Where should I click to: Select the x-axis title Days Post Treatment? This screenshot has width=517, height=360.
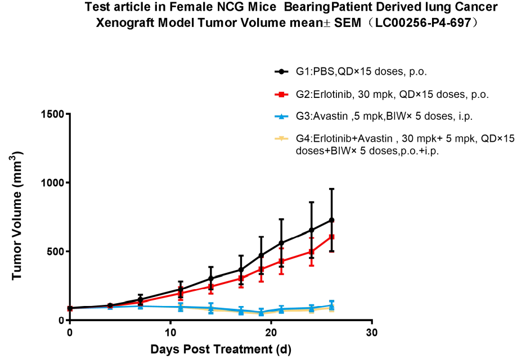tap(221, 349)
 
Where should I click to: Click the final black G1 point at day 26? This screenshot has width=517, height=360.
tap(331, 220)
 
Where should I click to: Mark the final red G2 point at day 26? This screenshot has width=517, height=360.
tap(331, 237)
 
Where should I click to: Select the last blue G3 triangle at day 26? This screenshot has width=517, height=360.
tap(331, 305)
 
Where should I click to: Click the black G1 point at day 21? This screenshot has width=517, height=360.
tap(281, 243)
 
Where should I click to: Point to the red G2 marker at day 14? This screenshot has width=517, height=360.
tap(210, 286)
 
